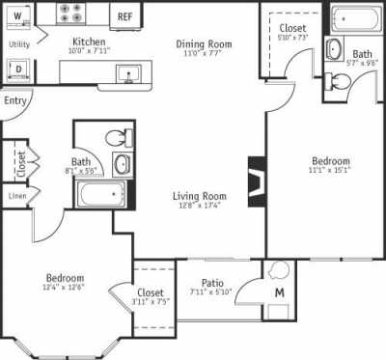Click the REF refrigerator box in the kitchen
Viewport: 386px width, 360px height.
coord(125,16)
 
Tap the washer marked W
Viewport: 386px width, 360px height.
coord(17,17)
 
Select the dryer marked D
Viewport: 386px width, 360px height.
coord(17,68)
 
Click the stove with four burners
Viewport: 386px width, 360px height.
coord(71,14)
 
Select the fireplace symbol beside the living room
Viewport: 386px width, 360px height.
coord(256,180)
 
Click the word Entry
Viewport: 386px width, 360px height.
coord(15,100)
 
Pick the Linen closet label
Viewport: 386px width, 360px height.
coord(16,195)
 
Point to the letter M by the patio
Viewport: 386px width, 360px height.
coord(279,292)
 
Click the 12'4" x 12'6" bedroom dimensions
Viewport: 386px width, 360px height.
coord(65,287)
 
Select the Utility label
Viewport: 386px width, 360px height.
coord(18,44)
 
